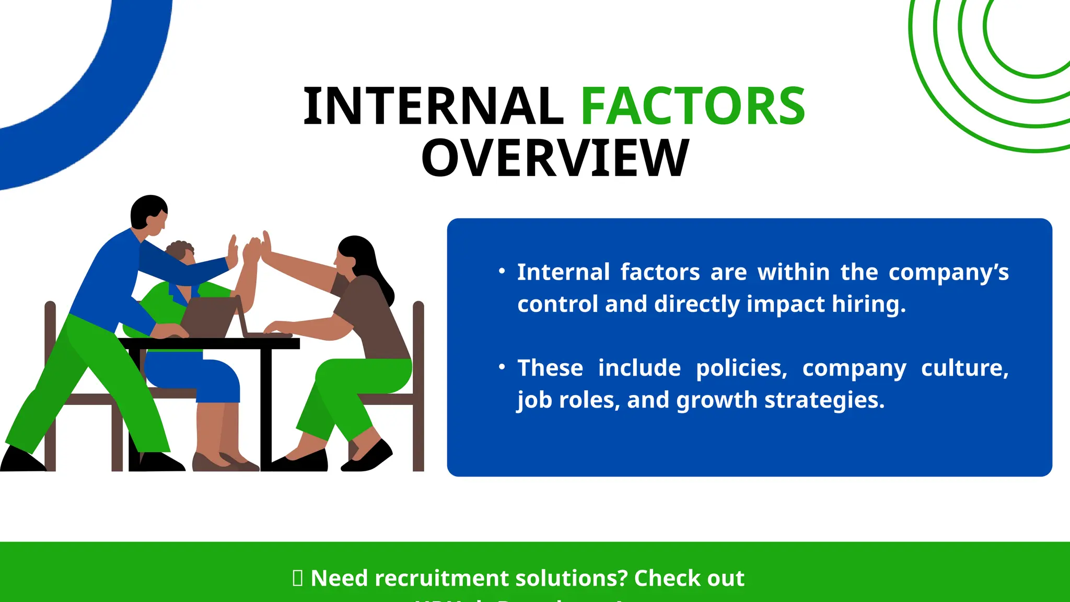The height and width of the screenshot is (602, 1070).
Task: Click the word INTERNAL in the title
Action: [433, 107]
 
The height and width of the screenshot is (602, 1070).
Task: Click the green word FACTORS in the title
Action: [693, 107]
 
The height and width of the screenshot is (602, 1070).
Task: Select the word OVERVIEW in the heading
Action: [555, 158]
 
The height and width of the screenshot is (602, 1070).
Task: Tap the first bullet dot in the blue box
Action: [502, 271]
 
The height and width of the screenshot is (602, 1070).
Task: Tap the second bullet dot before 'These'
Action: [502, 367]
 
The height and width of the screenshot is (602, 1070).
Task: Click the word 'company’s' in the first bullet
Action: [948, 272]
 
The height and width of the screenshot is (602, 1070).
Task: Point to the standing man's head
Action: [149, 213]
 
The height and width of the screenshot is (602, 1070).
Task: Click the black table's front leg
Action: [266, 408]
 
